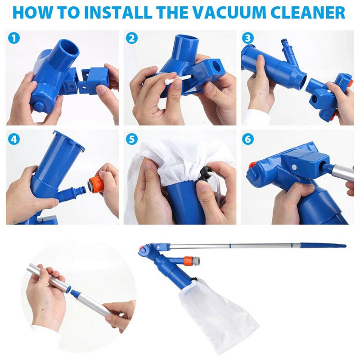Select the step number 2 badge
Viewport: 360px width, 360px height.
coord(132,39)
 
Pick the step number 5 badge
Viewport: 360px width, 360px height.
coord(132,139)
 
